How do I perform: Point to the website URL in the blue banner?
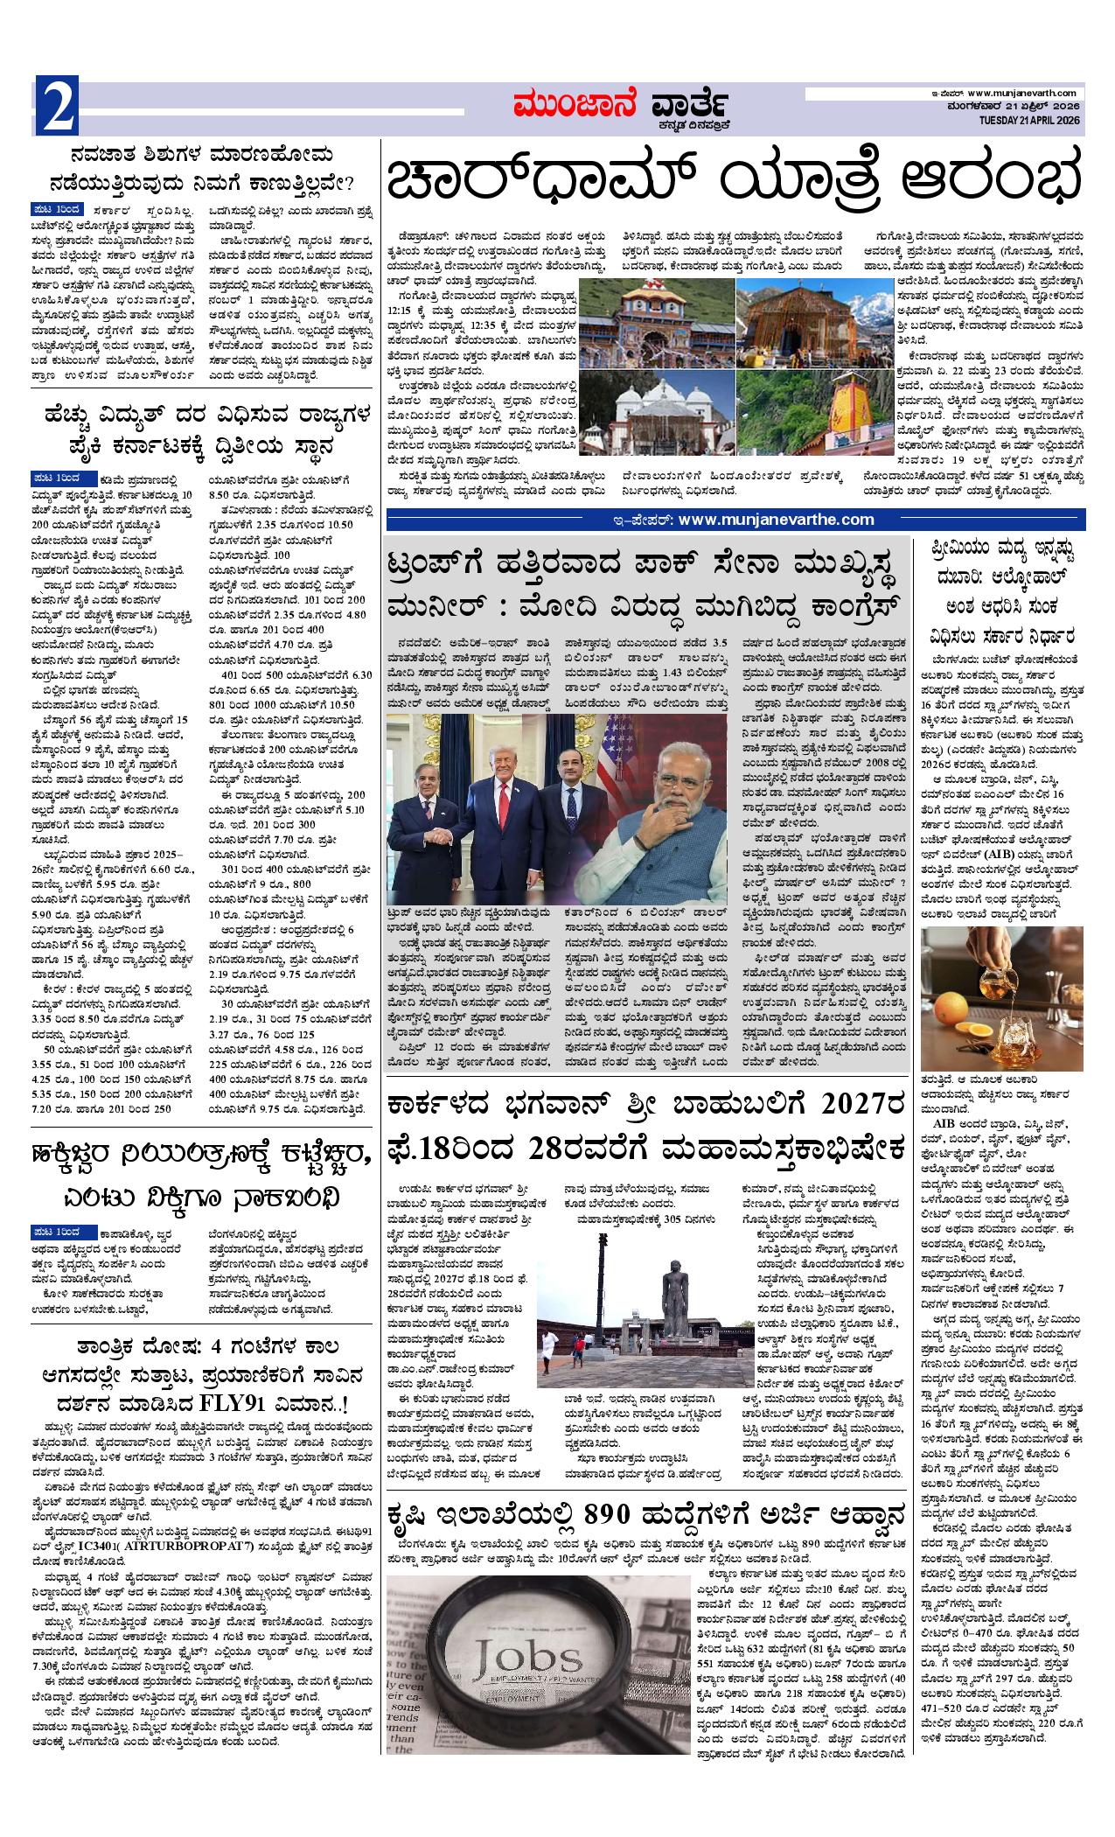tap(776, 520)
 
